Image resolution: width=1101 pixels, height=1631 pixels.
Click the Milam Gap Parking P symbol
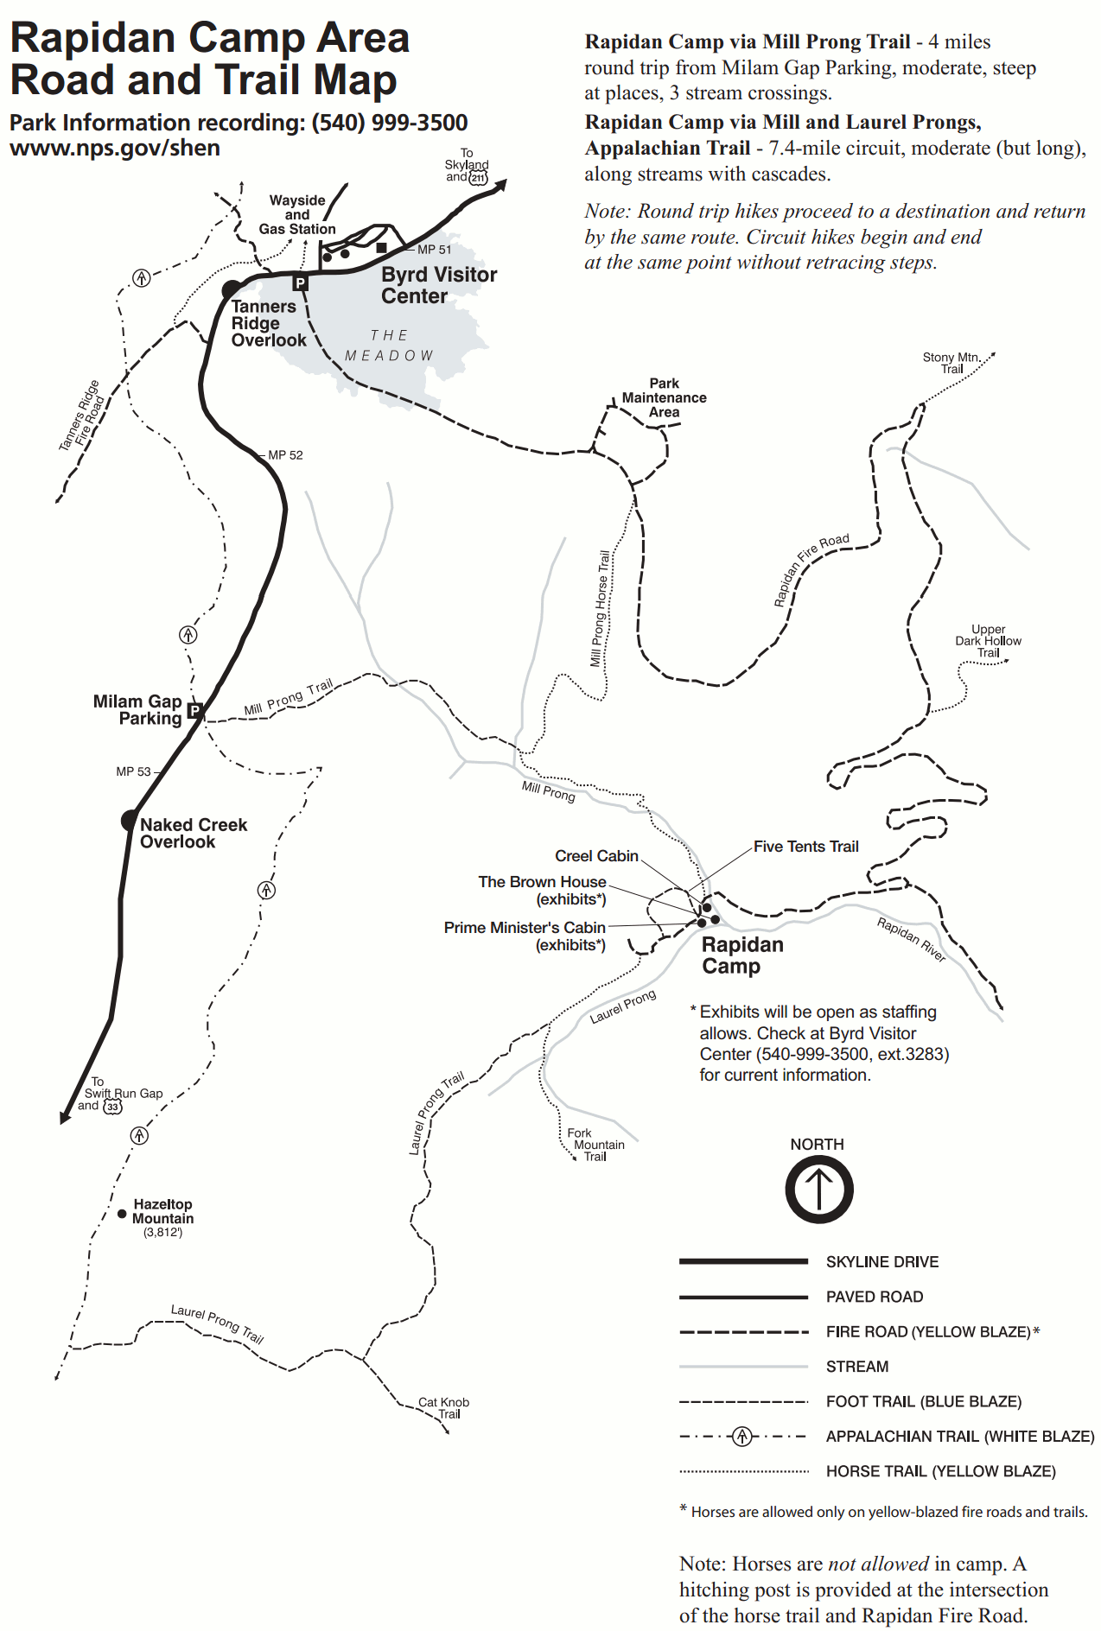[x=194, y=711]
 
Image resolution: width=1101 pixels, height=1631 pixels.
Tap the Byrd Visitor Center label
[x=439, y=285]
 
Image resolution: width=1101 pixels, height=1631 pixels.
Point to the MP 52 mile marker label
[x=285, y=455]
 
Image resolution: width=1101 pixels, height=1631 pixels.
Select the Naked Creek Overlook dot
[x=130, y=820]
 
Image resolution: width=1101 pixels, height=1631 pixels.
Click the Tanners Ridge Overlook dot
[x=232, y=289]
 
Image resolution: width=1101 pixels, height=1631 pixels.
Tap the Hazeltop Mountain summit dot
[x=122, y=1214]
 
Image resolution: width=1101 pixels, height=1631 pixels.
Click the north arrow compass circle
[x=818, y=1189]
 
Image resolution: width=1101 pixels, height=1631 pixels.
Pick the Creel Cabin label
[x=596, y=856]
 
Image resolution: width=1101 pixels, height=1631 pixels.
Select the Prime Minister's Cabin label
[x=525, y=928]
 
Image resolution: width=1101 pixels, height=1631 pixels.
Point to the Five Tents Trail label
[x=805, y=847]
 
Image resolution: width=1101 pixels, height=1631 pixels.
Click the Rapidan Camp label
[x=741, y=955]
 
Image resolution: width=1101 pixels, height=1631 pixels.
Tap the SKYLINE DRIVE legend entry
[x=881, y=1262]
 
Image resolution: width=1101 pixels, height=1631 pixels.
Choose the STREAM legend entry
[x=856, y=1367]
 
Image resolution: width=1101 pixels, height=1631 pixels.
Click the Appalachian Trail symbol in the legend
[x=741, y=1437]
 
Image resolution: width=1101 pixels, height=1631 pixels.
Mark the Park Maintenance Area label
[x=664, y=397]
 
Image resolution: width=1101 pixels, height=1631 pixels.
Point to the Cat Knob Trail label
[x=444, y=1408]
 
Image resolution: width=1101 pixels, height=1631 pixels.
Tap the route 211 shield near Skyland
[x=478, y=177]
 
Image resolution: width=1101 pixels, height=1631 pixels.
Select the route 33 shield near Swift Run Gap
[x=112, y=1107]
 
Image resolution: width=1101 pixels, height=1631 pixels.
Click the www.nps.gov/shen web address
[x=115, y=148]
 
